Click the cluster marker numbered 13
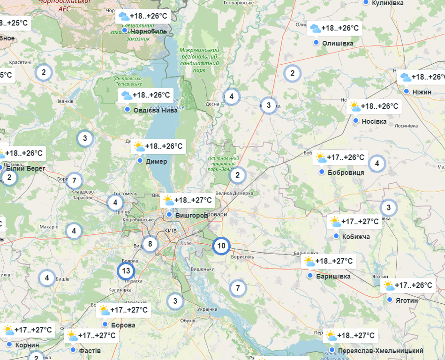[x=126, y=270]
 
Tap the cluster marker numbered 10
[x=221, y=246]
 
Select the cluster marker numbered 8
[x=150, y=244]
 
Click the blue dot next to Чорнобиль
[x=125, y=30]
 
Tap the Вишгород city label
[x=190, y=215]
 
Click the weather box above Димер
[x=158, y=146]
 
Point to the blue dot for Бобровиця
[x=322, y=172]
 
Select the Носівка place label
[x=374, y=121]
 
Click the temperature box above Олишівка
[x=335, y=28]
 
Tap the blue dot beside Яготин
[x=390, y=300]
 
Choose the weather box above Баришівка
[x=329, y=261]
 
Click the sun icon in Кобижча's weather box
[x=335, y=222]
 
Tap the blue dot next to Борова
[x=105, y=324]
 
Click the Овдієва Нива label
[x=155, y=110]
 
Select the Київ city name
[x=170, y=230]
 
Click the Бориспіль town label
[x=242, y=257]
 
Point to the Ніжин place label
[x=422, y=92]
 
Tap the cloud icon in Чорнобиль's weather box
[x=124, y=16]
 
